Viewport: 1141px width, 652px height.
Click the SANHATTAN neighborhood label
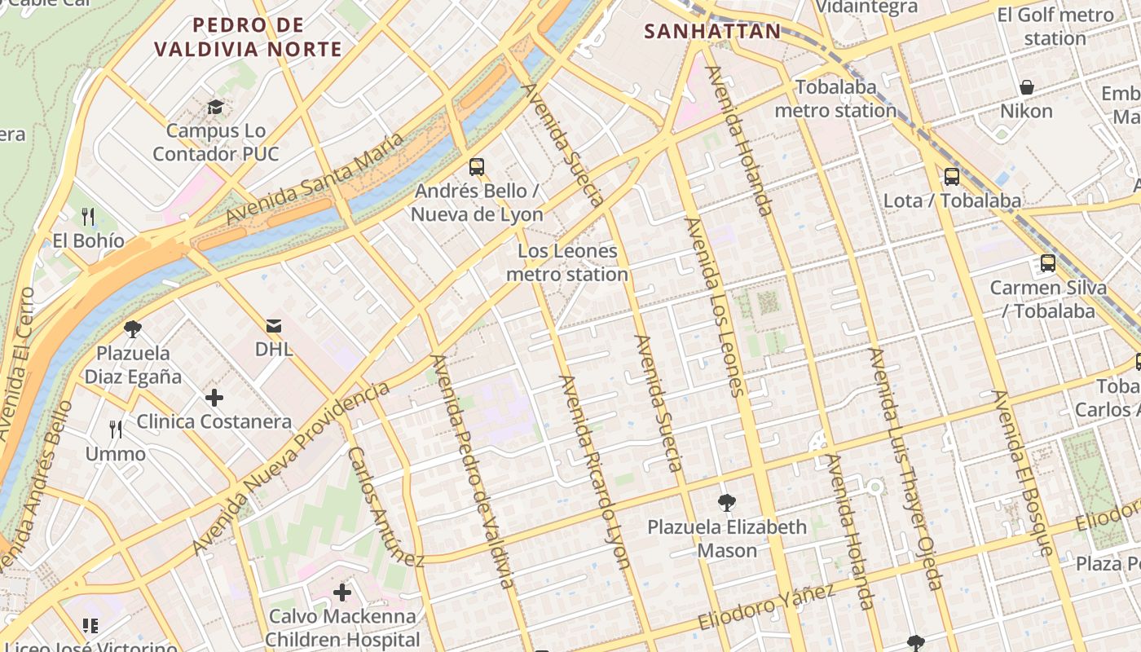tap(712, 32)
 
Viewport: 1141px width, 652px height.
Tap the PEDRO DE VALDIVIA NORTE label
tap(249, 37)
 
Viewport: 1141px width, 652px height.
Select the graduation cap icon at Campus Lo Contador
tap(215, 107)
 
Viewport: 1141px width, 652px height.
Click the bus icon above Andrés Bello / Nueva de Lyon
tap(477, 167)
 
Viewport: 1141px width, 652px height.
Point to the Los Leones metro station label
tap(567, 262)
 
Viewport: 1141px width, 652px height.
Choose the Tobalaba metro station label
tap(835, 99)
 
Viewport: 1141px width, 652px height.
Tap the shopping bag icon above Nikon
tap(1027, 87)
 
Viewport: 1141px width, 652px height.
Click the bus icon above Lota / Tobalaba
tap(952, 176)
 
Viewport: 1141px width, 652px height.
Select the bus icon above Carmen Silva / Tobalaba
tap(1048, 263)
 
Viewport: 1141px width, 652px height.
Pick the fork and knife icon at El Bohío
tap(89, 216)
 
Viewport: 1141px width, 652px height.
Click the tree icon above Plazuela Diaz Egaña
tap(133, 329)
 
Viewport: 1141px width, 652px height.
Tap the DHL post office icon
tap(274, 326)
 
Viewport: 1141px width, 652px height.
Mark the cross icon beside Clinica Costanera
tap(214, 398)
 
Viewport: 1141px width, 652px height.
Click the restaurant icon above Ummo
tap(116, 430)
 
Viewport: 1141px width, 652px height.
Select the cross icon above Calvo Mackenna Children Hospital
tap(342, 592)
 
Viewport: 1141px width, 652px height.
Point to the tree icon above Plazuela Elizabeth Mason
tap(727, 503)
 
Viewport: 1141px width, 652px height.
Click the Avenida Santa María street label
tap(315, 178)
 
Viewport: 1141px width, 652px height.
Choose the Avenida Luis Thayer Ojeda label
tap(905, 469)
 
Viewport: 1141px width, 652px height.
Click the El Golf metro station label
tap(1055, 26)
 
